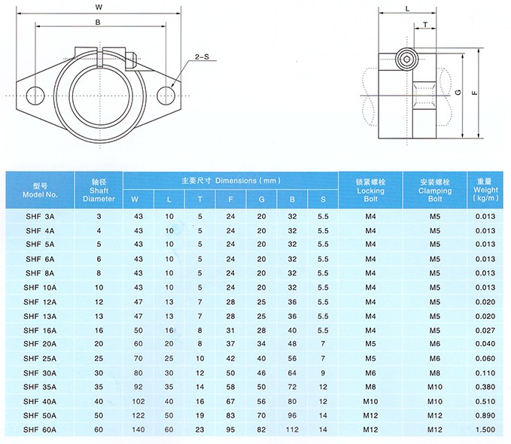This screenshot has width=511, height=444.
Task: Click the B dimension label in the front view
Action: pyautogui.click(x=99, y=23)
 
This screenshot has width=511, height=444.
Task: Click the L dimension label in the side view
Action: pyautogui.click(x=406, y=8)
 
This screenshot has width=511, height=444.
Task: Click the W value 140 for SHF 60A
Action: pyautogui.click(x=138, y=430)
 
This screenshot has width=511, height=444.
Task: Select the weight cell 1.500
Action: pyautogui.click(x=485, y=430)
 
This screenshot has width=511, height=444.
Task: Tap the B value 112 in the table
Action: pyautogui.click(x=292, y=430)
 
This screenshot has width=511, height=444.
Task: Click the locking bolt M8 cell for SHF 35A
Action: pyautogui.click(x=370, y=387)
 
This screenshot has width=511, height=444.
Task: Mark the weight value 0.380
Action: pyautogui.click(x=485, y=387)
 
